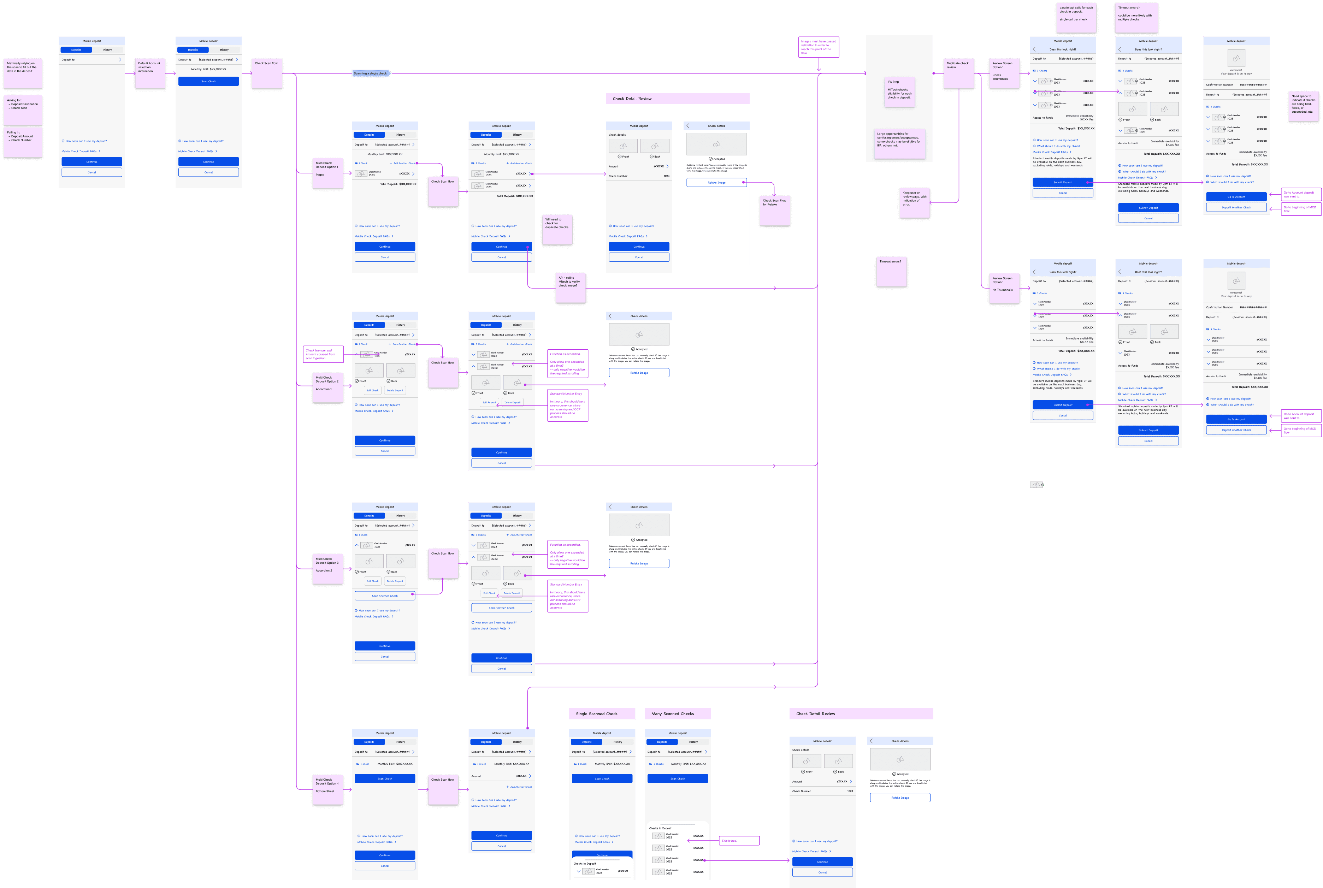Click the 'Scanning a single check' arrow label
(370, 73)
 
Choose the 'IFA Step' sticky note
(899, 92)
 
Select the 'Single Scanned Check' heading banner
(602, 714)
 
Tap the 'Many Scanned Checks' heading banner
(677, 714)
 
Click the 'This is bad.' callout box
(739, 840)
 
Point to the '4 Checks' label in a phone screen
(658, 764)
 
